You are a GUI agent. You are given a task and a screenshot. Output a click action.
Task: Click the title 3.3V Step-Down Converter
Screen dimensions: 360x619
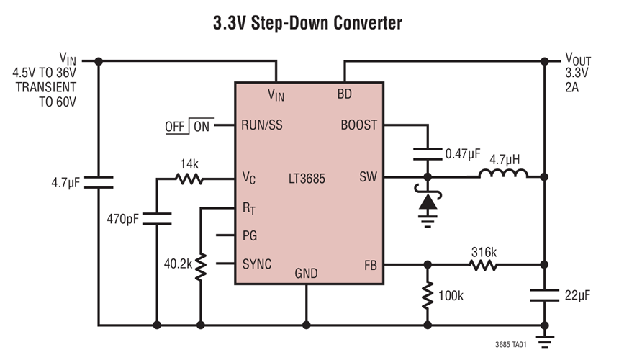tap(307, 22)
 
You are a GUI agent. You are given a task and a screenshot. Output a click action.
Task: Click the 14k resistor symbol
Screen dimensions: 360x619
tap(191, 178)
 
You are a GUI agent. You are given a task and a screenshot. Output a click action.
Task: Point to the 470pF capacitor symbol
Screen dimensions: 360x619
tap(156, 218)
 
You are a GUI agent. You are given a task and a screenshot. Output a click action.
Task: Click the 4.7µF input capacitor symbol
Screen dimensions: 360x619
tap(99, 183)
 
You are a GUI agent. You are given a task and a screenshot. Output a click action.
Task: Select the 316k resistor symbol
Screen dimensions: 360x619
tap(484, 264)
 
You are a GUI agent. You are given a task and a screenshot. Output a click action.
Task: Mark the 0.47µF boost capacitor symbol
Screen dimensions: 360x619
tap(428, 153)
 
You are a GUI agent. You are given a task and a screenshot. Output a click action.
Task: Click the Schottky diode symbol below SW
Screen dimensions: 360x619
tap(428, 202)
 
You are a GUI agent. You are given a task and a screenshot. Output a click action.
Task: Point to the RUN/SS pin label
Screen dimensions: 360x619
tap(261, 125)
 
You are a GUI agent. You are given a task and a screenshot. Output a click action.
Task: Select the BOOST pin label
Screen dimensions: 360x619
tap(358, 125)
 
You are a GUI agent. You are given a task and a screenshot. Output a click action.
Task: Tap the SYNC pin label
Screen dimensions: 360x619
tap(256, 264)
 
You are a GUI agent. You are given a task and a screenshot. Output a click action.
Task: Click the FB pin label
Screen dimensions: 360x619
tap(369, 264)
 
